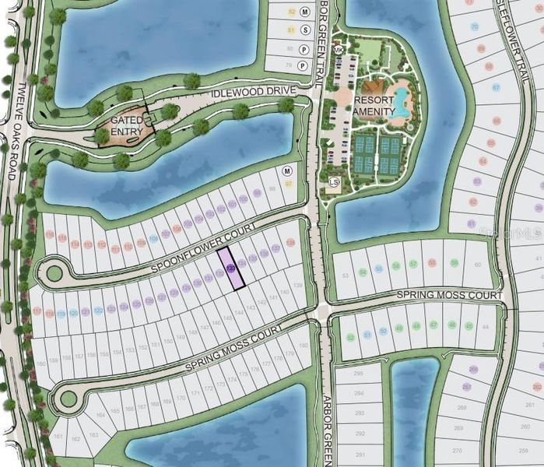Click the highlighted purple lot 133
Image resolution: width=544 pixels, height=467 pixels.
(230, 268)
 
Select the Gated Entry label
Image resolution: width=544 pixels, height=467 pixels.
(126, 125)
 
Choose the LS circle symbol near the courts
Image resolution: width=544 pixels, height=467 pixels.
(334, 182)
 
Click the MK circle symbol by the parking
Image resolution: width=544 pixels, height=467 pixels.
(338, 50)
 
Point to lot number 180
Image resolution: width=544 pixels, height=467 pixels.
(304, 345)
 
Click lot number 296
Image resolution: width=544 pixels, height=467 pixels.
(359, 374)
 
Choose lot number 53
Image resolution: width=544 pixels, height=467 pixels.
(344, 275)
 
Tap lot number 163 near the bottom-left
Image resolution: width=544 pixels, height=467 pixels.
(94, 436)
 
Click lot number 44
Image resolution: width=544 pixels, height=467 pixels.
(486, 327)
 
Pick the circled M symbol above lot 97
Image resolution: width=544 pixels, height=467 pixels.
(286, 170)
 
